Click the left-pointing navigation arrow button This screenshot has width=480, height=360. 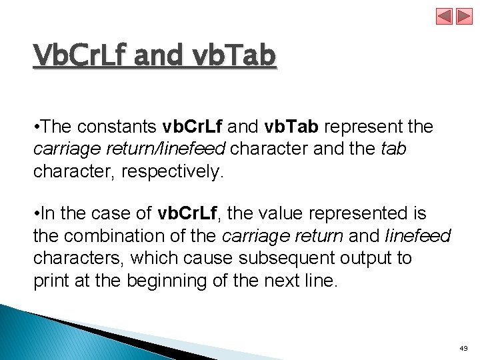445,16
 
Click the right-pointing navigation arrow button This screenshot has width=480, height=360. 464,16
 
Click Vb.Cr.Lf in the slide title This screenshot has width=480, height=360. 79,55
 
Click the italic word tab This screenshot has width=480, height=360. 393,149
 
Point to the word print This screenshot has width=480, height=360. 51,281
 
